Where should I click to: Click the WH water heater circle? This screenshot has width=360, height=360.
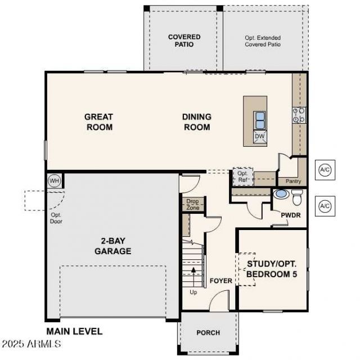[54, 181]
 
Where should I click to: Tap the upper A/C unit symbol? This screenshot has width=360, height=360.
[325, 170]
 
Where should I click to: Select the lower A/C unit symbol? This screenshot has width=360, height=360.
[325, 206]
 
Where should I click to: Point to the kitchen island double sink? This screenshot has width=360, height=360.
[260, 120]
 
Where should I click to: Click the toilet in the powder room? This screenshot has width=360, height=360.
[297, 197]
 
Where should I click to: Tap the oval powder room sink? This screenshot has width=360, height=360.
[282, 193]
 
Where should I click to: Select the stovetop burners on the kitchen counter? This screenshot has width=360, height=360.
[299, 115]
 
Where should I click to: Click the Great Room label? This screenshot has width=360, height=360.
[99, 122]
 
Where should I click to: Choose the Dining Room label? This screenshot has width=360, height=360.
[197, 122]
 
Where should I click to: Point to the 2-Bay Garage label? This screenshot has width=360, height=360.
[113, 246]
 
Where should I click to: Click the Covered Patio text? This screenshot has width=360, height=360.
[184, 40]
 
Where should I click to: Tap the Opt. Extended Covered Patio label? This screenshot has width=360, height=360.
[263, 41]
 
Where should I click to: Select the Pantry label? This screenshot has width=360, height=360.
[293, 181]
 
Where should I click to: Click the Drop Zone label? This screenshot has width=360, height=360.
[192, 204]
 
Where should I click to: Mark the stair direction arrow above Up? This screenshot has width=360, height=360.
[193, 277]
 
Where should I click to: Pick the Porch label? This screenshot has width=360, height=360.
[208, 332]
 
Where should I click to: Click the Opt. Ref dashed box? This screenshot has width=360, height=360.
[242, 177]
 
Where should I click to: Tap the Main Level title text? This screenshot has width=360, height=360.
[74, 331]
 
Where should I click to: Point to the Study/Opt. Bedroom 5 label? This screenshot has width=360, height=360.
[272, 269]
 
